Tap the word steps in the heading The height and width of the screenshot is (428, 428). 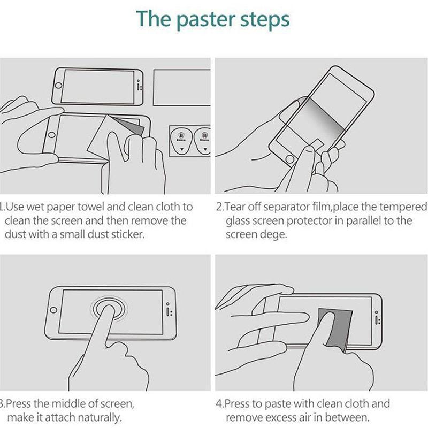coord(265,20)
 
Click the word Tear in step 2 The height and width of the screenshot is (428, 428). coord(234,207)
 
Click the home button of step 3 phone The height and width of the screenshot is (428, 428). coord(53,310)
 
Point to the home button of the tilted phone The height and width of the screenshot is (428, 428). coord(289,159)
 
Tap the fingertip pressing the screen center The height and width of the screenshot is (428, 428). coord(109,310)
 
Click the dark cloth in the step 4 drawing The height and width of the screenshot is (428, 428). coord(335,329)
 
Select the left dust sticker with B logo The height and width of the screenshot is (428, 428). coord(181,141)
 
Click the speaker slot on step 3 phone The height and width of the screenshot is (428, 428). coord(168,311)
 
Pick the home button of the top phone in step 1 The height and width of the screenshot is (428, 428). coord(58,86)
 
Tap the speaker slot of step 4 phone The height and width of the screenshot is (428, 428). coord(377,320)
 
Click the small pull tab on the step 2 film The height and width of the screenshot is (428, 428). coord(317,143)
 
